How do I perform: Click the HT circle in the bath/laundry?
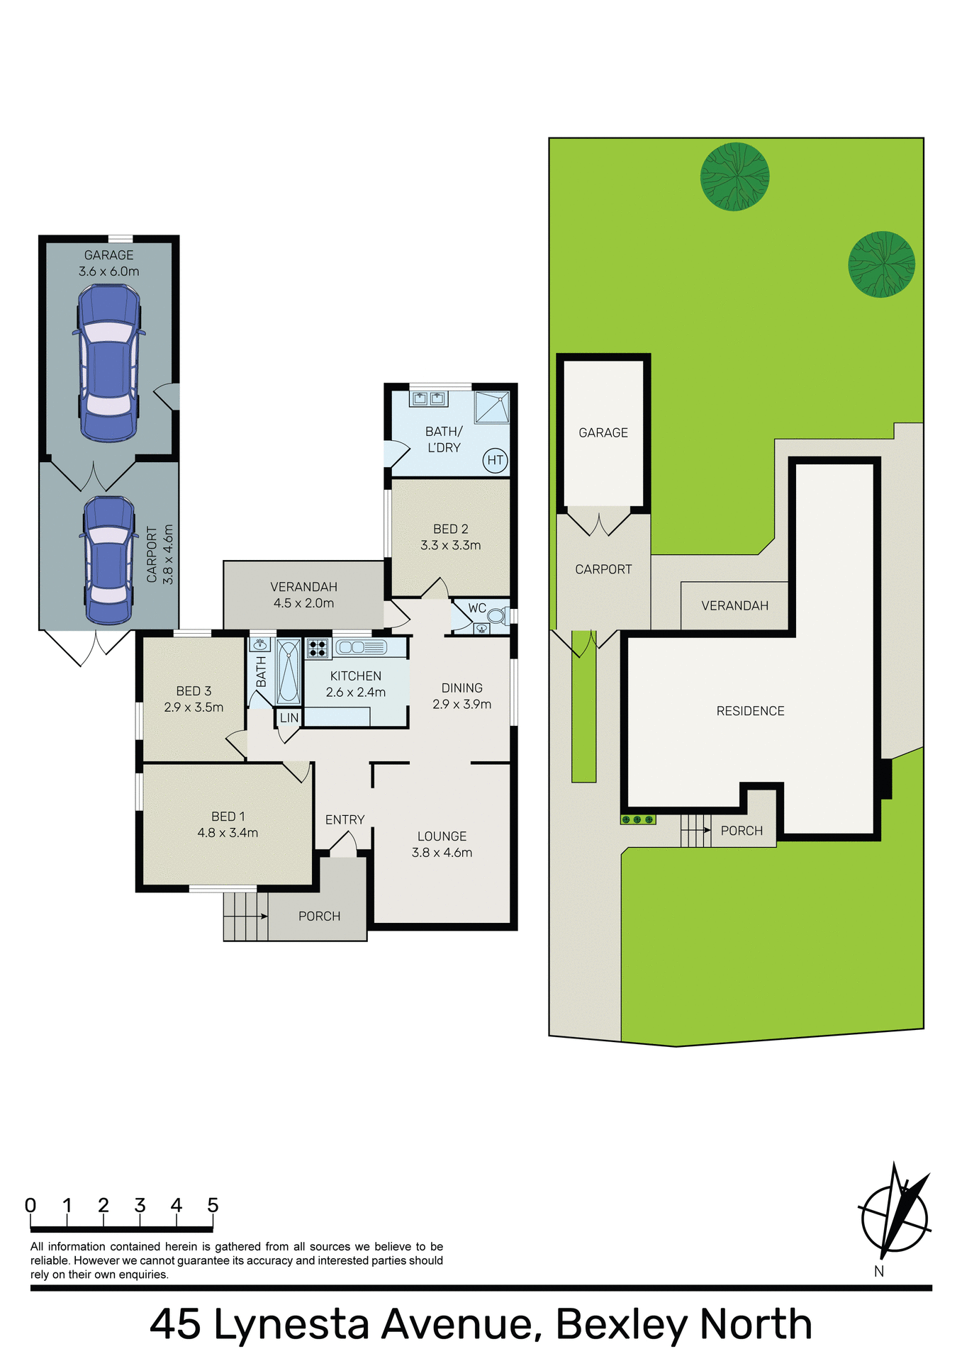pos(495,460)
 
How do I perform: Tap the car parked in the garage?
pos(108,362)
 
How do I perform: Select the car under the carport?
pos(108,560)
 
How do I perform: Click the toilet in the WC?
pos(498,615)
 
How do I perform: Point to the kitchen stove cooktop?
pos(317,648)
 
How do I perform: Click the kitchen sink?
pos(361,647)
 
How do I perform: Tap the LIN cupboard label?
pos(289,718)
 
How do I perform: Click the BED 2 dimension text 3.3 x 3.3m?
pos(450,545)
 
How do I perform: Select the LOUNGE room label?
pos(442,836)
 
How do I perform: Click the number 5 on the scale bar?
pos(213,1205)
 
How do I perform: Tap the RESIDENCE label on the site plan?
pos(750,711)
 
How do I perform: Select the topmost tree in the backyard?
pos(734,176)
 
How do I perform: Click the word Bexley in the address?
pos(622,1324)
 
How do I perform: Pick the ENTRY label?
pos(345,819)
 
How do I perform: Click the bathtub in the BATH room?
pos(289,671)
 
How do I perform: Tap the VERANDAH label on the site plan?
pos(734,605)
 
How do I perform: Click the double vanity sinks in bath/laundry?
pos(429,398)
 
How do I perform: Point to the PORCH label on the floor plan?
pos(319,916)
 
